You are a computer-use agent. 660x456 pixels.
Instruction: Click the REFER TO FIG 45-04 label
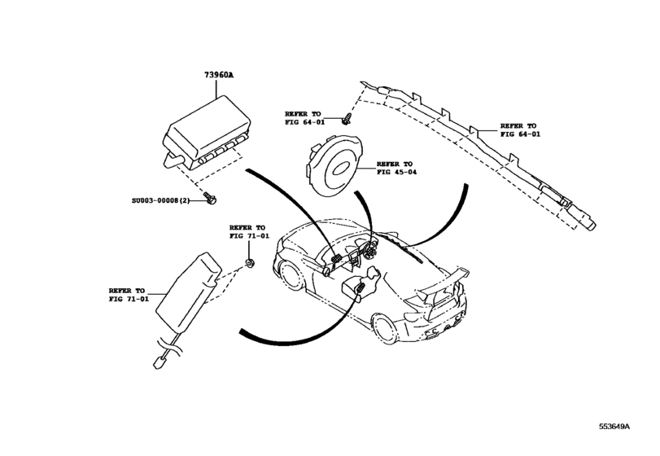pos(394,168)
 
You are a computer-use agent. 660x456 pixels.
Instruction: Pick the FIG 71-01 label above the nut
pos(247,232)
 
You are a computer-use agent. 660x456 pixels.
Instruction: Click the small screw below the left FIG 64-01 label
pos(347,118)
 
